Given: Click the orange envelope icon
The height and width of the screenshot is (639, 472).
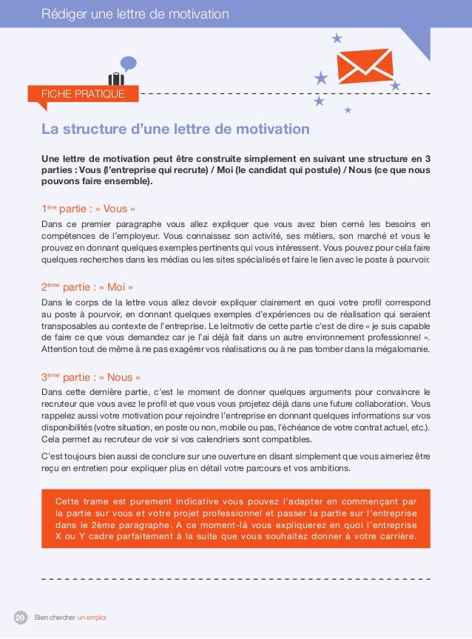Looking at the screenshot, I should (365, 67).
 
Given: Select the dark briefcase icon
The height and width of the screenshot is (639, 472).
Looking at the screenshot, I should (116, 78).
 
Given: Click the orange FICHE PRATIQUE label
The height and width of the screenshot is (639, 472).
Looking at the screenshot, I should (83, 94).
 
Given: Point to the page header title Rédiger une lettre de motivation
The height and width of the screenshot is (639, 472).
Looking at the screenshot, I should (135, 14).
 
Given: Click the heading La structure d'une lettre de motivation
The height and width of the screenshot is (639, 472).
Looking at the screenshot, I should (175, 130).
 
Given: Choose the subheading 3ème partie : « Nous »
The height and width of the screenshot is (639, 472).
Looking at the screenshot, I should (91, 376).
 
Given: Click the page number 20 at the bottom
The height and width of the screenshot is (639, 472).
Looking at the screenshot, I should (20, 617).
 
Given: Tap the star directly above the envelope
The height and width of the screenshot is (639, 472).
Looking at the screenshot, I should (337, 38).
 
